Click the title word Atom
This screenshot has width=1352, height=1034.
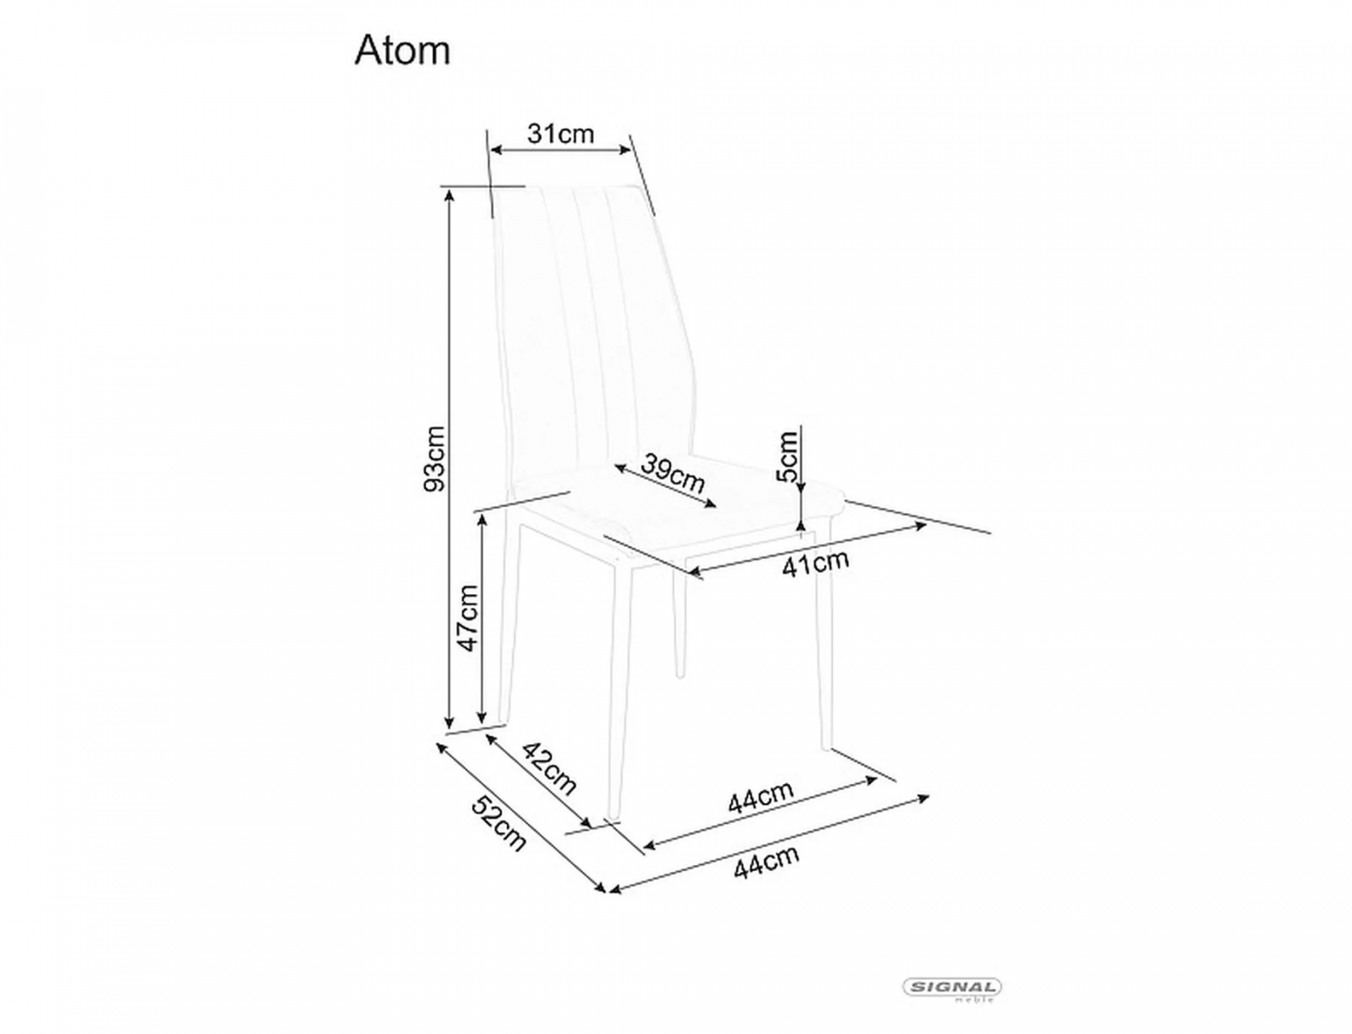tap(403, 51)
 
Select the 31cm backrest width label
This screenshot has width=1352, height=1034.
tap(560, 134)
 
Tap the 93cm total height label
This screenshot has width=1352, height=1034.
tap(435, 459)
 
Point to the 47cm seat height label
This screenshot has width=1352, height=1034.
tap(467, 618)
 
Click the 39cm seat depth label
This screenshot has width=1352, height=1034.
tap(672, 474)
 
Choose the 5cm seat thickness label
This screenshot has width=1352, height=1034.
tap(787, 457)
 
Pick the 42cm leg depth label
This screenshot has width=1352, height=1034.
tap(550, 768)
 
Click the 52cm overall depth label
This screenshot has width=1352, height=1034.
tap(499, 823)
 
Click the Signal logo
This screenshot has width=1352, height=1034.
tap(952, 988)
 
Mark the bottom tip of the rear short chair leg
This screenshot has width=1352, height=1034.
tap(681, 674)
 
